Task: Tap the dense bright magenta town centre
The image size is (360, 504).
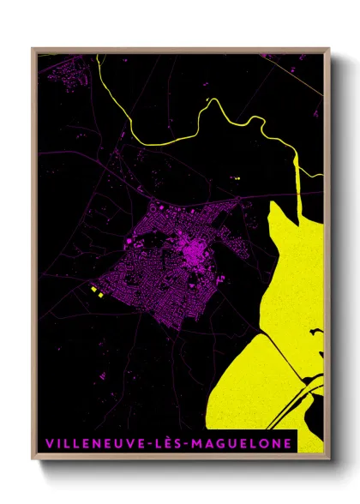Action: click(x=196, y=253)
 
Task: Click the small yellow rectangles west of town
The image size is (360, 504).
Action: click(x=96, y=293)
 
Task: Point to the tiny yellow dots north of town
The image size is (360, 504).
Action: click(x=236, y=178)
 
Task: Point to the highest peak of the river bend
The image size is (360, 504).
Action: click(x=212, y=99)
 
